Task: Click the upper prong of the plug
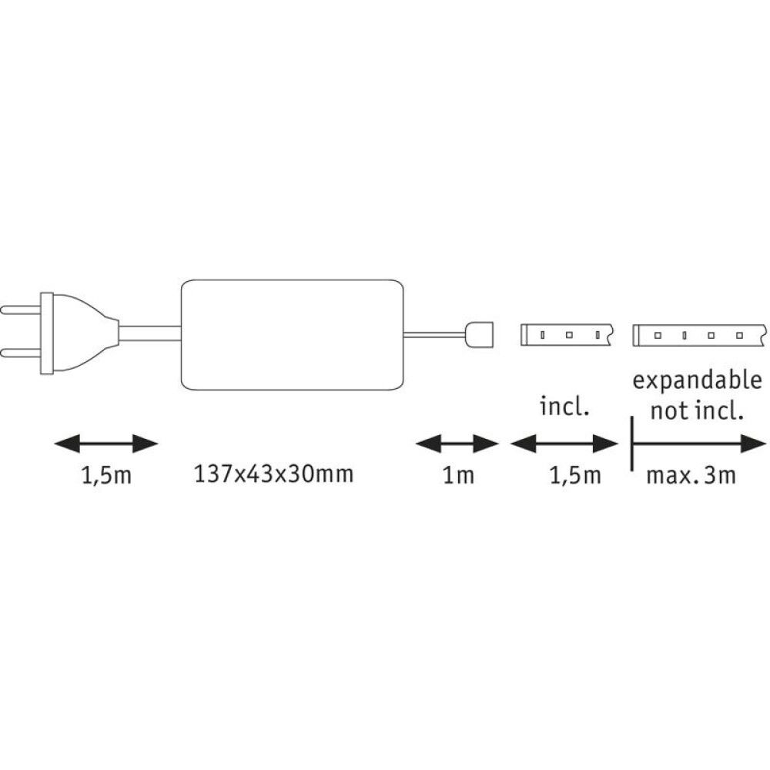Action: point(19,312)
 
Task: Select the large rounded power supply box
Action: point(293,333)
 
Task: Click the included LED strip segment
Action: point(567,335)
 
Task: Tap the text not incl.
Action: point(696,410)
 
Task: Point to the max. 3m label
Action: point(691,475)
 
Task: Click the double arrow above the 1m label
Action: point(457,444)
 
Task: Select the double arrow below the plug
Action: point(106,444)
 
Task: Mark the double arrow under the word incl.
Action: point(565,444)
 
